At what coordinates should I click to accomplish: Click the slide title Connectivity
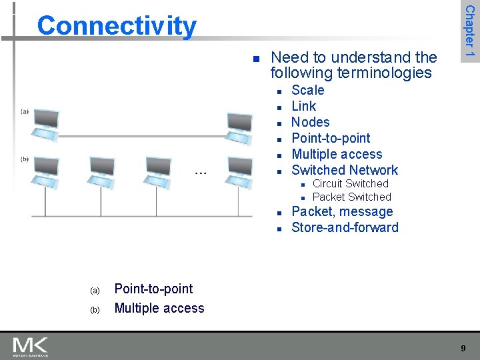coord(117,26)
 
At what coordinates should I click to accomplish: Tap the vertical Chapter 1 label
coord(469,31)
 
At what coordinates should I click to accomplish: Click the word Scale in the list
coord(308,90)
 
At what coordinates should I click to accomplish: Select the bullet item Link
coord(304,106)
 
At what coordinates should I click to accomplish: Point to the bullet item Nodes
coord(311,122)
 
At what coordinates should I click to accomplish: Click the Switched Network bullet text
coord(345,170)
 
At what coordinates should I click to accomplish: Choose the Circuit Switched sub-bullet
coord(350,183)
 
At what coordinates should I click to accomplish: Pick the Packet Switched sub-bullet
coord(351,197)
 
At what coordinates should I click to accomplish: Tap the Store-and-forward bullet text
coord(345,227)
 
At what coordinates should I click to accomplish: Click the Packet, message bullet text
coord(342,211)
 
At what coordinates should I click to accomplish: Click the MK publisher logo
coord(31,347)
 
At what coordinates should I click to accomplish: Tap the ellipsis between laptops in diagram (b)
coord(200,173)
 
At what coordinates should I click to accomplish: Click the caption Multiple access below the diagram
coord(159,308)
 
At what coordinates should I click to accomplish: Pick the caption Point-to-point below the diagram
coord(153,289)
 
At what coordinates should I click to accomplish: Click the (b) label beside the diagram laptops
coord(25,159)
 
